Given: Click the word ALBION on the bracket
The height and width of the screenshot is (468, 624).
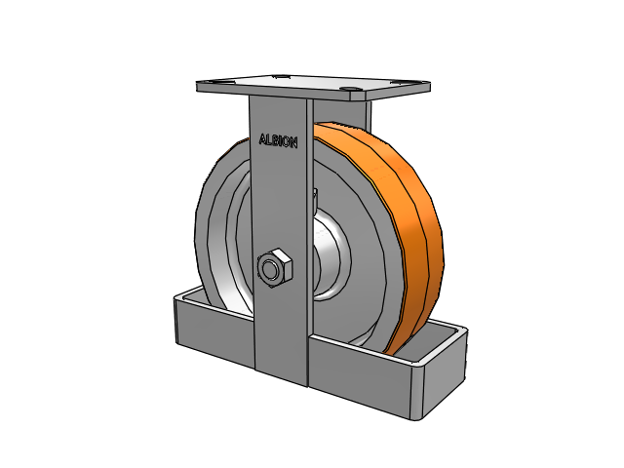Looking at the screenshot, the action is pos(278,140).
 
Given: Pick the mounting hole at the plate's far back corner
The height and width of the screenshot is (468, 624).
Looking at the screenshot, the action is pos(280,76).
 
